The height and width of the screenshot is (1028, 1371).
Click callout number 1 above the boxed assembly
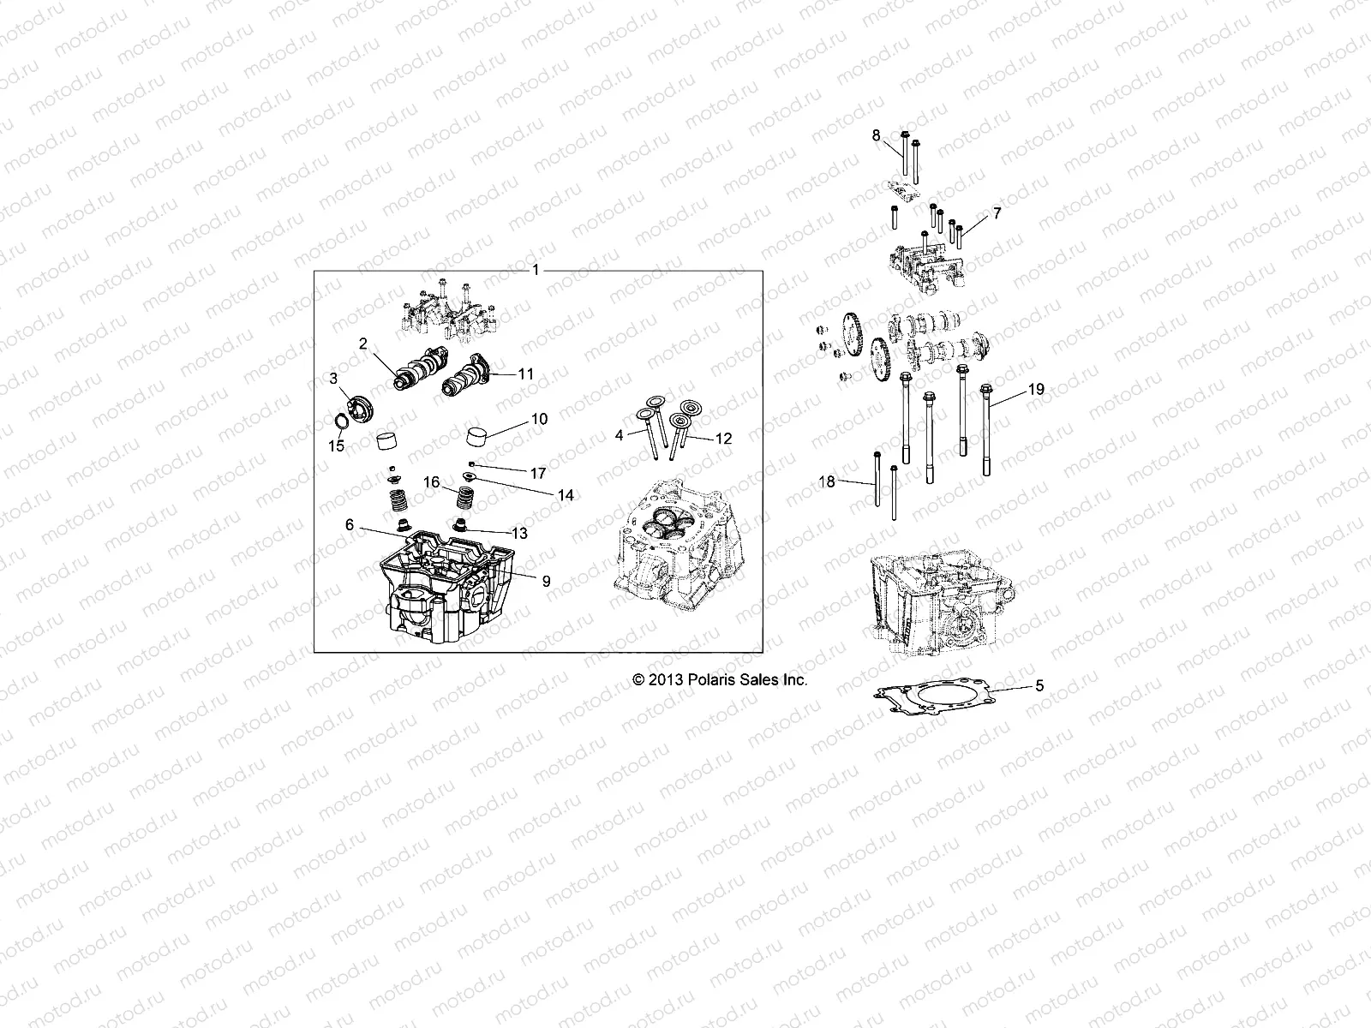536,270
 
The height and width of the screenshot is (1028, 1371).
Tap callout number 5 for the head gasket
1039,685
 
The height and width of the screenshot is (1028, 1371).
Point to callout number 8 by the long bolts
876,135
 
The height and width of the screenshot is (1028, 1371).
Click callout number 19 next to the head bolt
1036,389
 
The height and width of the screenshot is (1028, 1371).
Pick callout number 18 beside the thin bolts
827,482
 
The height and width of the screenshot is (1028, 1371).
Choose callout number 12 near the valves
723,438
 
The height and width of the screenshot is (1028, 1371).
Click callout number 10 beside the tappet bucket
539,419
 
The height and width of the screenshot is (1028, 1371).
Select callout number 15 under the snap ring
337,446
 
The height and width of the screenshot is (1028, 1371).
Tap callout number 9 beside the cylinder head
546,581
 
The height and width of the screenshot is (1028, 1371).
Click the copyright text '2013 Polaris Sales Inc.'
720,679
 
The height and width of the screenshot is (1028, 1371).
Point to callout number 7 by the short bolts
997,212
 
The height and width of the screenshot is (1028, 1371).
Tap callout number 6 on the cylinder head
350,525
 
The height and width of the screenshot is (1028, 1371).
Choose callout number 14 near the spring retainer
566,495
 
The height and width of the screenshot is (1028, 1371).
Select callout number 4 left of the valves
620,435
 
